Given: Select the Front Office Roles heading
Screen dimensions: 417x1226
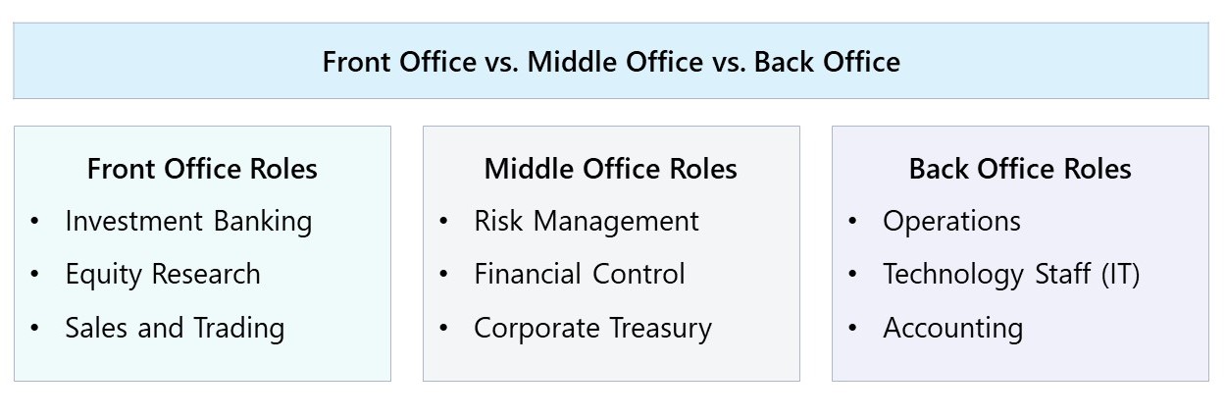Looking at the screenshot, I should tap(202, 169).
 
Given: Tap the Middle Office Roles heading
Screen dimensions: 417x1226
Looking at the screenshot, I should tap(610, 169).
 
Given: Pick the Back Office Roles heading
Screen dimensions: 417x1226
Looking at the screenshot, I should tap(1020, 169).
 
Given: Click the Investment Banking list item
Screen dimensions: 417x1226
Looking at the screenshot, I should tap(188, 222).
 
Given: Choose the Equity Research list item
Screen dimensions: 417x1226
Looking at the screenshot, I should tap(163, 275).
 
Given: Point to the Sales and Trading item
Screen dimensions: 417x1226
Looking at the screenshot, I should tap(175, 328).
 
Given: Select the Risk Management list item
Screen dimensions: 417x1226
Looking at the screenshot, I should tap(587, 222).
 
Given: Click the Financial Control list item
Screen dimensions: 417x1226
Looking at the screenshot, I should tap(579, 275).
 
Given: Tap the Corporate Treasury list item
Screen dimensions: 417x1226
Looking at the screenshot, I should tap(592, 328).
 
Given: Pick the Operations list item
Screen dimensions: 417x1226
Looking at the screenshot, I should tap(951, 222).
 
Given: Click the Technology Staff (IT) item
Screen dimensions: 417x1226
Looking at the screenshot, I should tap(1011, 275).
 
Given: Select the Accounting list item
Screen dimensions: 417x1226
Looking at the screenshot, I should tap(952, 328).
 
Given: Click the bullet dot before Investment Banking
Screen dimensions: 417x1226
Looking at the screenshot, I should tap(35, 222).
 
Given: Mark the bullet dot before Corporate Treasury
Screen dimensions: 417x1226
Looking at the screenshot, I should tap(443, 328).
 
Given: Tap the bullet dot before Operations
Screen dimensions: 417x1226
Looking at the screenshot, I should tap(852, 222).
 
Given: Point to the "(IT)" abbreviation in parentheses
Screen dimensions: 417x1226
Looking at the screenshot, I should tap(1120, 275).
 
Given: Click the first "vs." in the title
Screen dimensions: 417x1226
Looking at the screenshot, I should tap(500, 62).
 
